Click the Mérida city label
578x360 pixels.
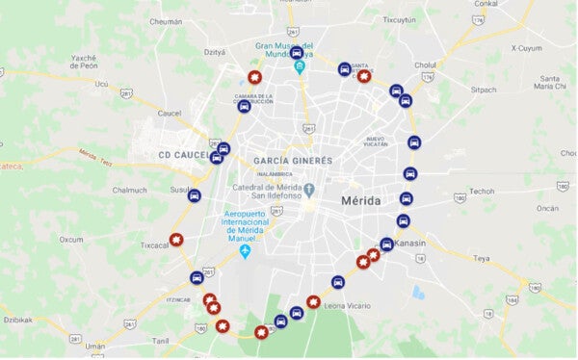pyautogui.click(x=360, y=200)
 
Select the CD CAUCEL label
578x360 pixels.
pyautogui.click(x=184, y=155)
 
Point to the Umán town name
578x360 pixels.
pyautogui.click(x=95, y=346)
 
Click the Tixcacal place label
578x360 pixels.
pyautogui.click(x=155, y=245)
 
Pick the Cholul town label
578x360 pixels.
pyautogui.click(x=427, y=65)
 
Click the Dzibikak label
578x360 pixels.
pyautogui.click(x=18, y=320)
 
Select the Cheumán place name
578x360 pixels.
pyautogui.click(x=166, y=20)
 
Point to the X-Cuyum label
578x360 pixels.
pyautogui.click(x=527, y=48)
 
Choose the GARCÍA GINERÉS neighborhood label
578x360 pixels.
pyautogui.click(x=293, y=160)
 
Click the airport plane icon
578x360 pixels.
pyautogui.click(x=245, y=251)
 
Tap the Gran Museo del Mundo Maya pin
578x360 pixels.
pyautogui.click(x=300, y=67)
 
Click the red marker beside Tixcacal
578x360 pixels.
pyautogui.click(x=175, y=240)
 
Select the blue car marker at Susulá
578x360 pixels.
pyautogui.click(x=195, y=195)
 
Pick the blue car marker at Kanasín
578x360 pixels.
pyautogui.click(x=386, y=244)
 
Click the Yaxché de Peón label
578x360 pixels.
pyautogui.click(x=83, y=62)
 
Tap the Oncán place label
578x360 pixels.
pyautogui.click(x=547, y=208)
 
